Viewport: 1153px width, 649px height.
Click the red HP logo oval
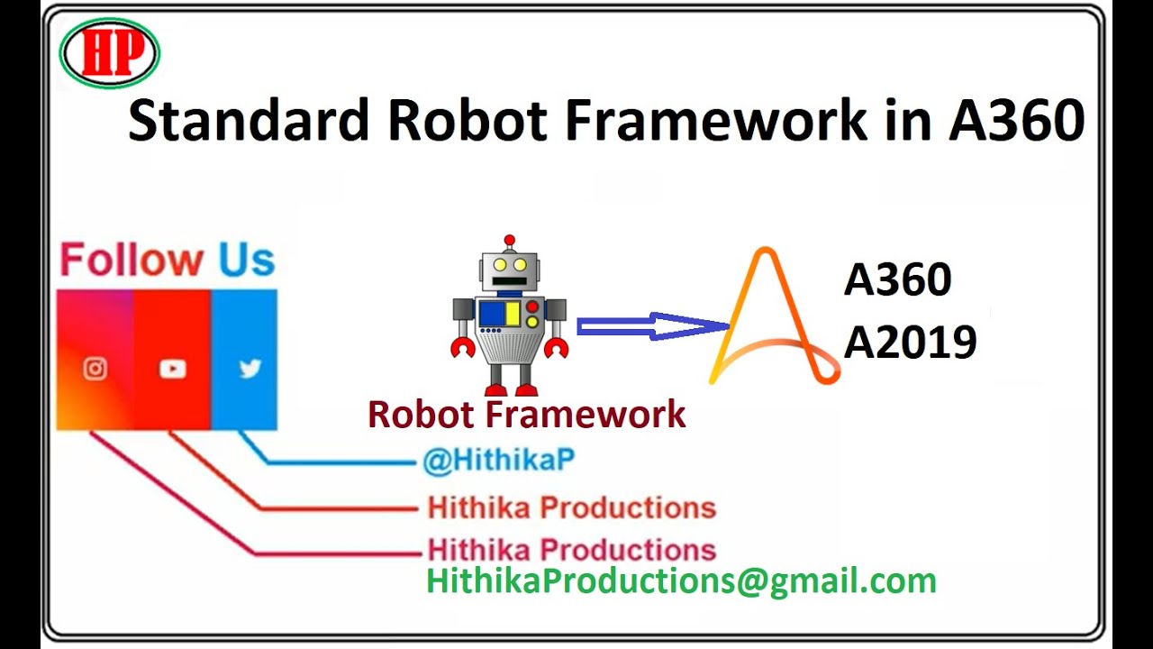point(110,53)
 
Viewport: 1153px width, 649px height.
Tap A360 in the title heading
point(1015,121)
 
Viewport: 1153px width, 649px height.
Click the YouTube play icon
point(172,369)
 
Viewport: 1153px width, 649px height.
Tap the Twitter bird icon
point(250,369)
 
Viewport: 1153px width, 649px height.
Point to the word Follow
point(132,261)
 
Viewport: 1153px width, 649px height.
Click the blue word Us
point(246,261)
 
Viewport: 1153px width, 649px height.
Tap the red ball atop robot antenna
point(510,241)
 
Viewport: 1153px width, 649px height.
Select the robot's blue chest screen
point(500,314)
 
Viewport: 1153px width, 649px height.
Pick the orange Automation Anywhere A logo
point(771,320)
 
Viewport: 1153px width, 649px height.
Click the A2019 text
point(910,343)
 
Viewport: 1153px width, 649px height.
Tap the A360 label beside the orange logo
point(897,281)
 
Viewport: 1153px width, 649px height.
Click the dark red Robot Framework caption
point(527,415)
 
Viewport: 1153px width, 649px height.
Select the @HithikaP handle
point(498,461)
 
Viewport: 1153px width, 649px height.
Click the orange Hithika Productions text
point(571,507)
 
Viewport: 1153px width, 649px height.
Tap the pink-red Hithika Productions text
point(571,549)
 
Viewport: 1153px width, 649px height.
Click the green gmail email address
point(681,580)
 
